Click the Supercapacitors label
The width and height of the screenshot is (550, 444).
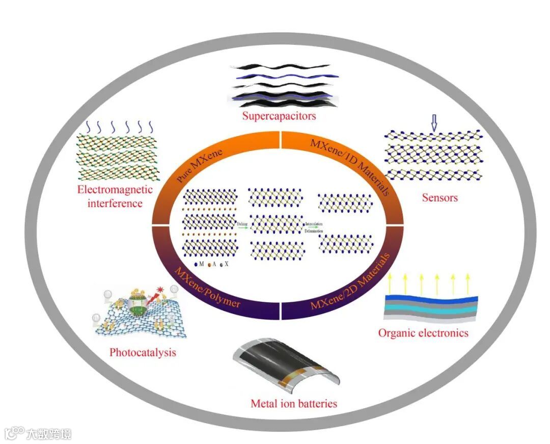pyautogui.click(x=279, y=116)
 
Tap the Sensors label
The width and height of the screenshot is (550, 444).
pyautogui.click(x=439, y=197)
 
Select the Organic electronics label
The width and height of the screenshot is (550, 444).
pyautogui.click(x=423, y=333)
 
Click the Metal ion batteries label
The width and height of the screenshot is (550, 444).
pyautogui.click(x=294, y=404)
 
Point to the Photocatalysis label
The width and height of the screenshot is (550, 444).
pyautogui.click(x=143, y=352)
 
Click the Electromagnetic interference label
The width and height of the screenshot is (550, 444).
pyautogui.click(x=115, y=196)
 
